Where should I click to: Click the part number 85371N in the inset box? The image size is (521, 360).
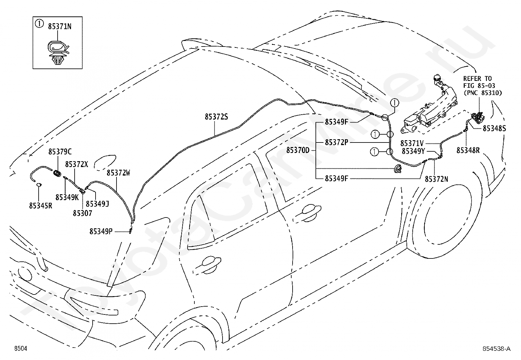pyautogui.click(x=60, y=27)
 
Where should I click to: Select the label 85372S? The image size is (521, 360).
pyautogui.click(x=216, y=117)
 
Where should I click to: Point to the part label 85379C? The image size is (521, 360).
pyautogui.click(x=60, y=152)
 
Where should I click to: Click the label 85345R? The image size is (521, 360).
pyautogui.click(x=41, y=206)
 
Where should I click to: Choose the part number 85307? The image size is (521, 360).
pyautogui.click(x=82, y=213)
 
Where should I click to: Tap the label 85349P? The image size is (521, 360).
pyautogui.click(x=101, y=231)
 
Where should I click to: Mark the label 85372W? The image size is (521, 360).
pyautogui.click(x=118, y=173)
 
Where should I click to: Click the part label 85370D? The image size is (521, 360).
pyautogui.click(x=298, y=150)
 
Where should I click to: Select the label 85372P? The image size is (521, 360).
pyautogui.click(x=336, y=142)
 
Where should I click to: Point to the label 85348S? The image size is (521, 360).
pyautogui.click(x=494, y=128)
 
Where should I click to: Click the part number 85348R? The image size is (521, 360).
pyautogui.click(x=468, y=150)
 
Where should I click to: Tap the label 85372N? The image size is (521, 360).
pyautogui.click(x=437, y=179)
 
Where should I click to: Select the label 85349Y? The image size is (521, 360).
pyautogui.click(x=414, y=151)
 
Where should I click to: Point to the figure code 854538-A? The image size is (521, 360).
pyautogui.click(x=496, y=349)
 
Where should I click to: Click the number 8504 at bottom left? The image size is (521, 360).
pyautogui.click(x=21, y=348)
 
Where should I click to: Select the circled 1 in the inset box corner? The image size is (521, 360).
pyautogui.click(x=39, y=23)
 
